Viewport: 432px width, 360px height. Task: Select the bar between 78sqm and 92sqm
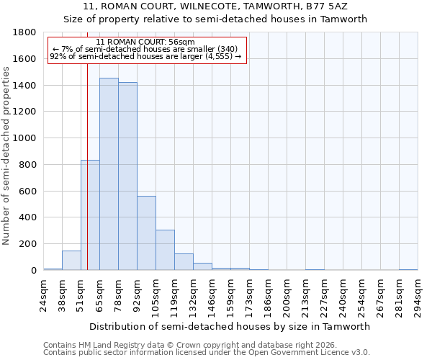[x=127, y=176]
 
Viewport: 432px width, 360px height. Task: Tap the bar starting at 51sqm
[x=90, y=215]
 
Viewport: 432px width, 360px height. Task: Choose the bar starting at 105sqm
[x=165, y=250]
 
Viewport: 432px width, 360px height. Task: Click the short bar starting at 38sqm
[x=71, y=261]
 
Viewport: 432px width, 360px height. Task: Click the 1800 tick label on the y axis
[x=25, y=32]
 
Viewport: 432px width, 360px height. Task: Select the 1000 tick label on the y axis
[x=25, y=138]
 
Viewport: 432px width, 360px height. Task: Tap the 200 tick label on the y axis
[x=28, y=244]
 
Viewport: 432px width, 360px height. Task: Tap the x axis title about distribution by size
[x=230, y=326]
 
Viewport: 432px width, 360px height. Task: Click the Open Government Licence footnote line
[x=207, y=353]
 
